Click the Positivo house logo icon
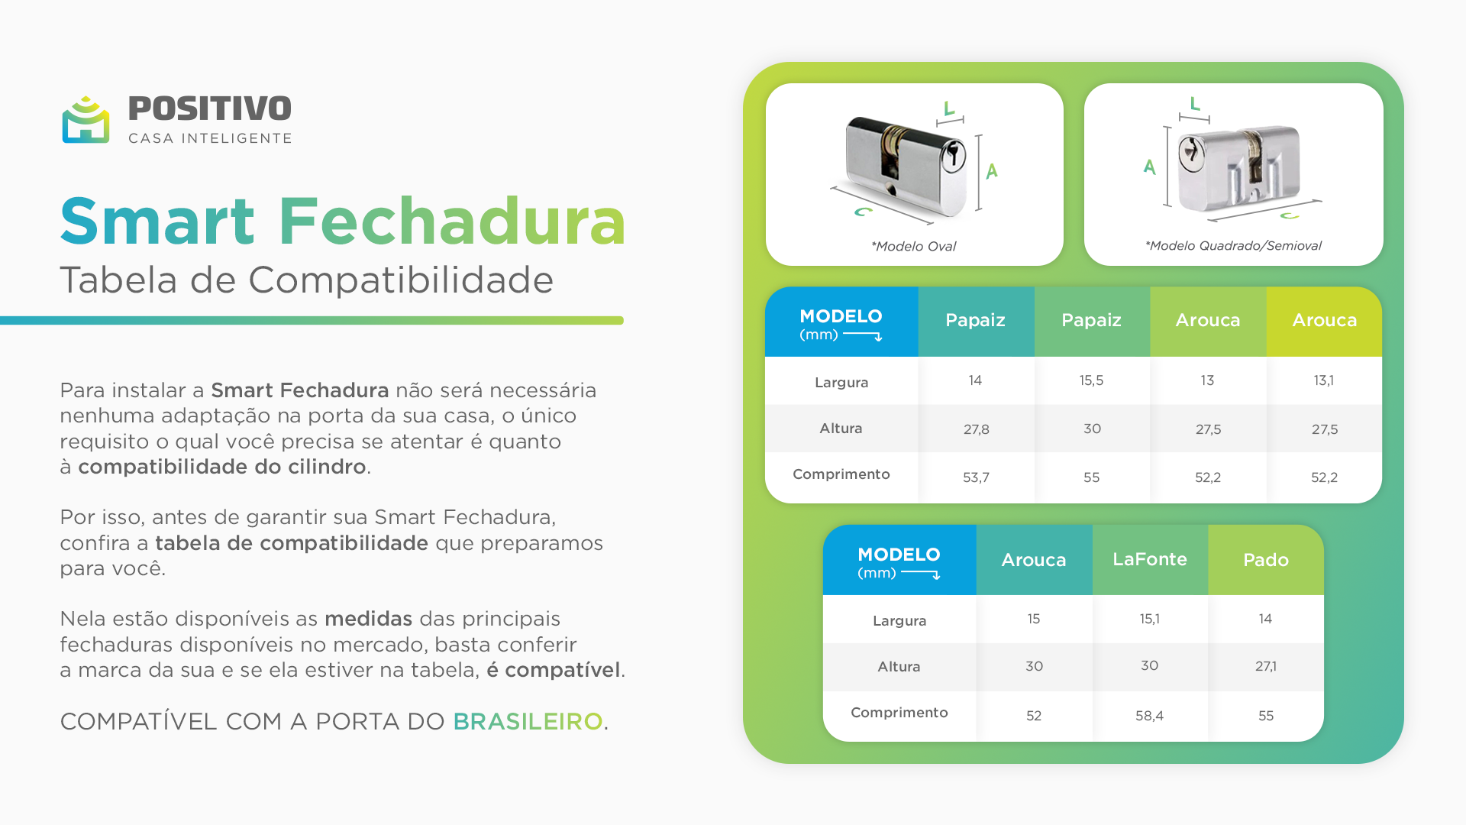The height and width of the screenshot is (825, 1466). (x=86, y=120)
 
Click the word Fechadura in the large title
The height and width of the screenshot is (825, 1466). (x=452, y=222)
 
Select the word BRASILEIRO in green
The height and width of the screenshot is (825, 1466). (x=528, y=721)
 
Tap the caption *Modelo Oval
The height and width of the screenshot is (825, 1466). (x=914, y=246)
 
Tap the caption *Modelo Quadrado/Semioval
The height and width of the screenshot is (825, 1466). (x=1233, y=245)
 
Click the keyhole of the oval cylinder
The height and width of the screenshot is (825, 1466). (x=952, y=156)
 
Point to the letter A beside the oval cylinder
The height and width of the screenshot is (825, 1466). (x=992, y=170)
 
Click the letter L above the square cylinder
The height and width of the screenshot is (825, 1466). (x=1195, y=103)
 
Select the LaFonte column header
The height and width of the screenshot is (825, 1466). (x=1150, y=559)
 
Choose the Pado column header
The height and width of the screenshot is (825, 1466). (x=1266, y=560)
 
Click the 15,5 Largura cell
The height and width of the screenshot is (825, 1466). (x=1091, y=380)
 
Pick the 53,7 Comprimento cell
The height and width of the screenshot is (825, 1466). (x=976, y=477)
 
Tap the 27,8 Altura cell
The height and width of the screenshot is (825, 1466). (x=976, y=429)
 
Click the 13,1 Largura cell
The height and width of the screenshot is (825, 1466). (x=1324, y=380)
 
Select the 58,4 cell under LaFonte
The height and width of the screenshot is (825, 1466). (x=1149, y=716)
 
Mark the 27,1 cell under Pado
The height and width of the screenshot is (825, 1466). (x=1266, y=666)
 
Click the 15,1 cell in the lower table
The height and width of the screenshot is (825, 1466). (x=1149, y=619)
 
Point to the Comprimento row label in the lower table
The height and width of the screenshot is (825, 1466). (x=899, y=713)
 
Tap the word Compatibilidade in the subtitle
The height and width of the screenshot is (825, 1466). (x=401, y=280)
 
